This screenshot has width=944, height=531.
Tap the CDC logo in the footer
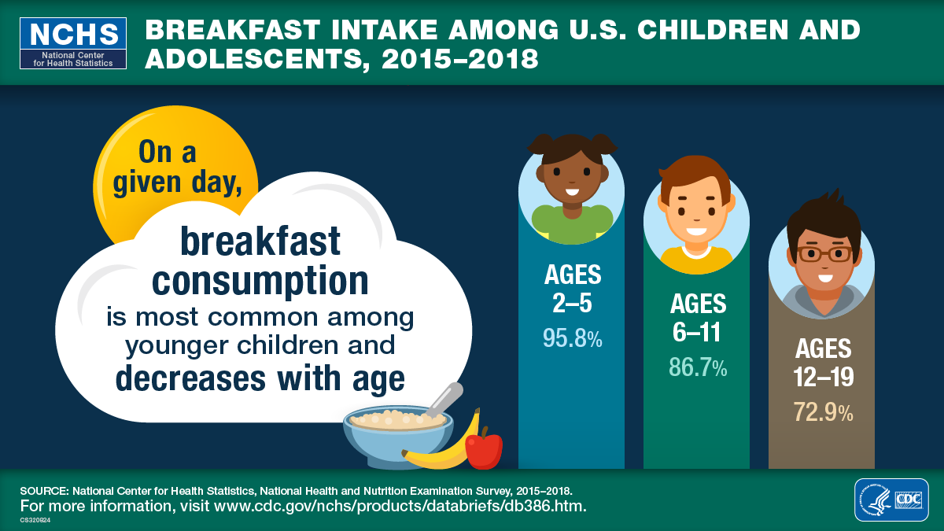click(x=891, y=500)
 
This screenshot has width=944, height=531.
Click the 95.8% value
click(x=572, y=338)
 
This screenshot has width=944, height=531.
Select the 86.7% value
click(x=698, y=367)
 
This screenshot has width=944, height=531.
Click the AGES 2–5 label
click(x=572, y=289)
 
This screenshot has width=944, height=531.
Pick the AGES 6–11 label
click(x=698, y=318)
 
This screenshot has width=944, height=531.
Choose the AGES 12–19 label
click(x=823, y=362)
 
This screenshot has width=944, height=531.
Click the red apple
click(x=484, y=450)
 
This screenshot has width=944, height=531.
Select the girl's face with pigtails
click(x=571, y=177)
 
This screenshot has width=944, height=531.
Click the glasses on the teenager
click(x=823, y=254)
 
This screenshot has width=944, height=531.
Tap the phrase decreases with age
click(x=260, y=378)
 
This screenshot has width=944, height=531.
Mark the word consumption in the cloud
click(x=260, y=280)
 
